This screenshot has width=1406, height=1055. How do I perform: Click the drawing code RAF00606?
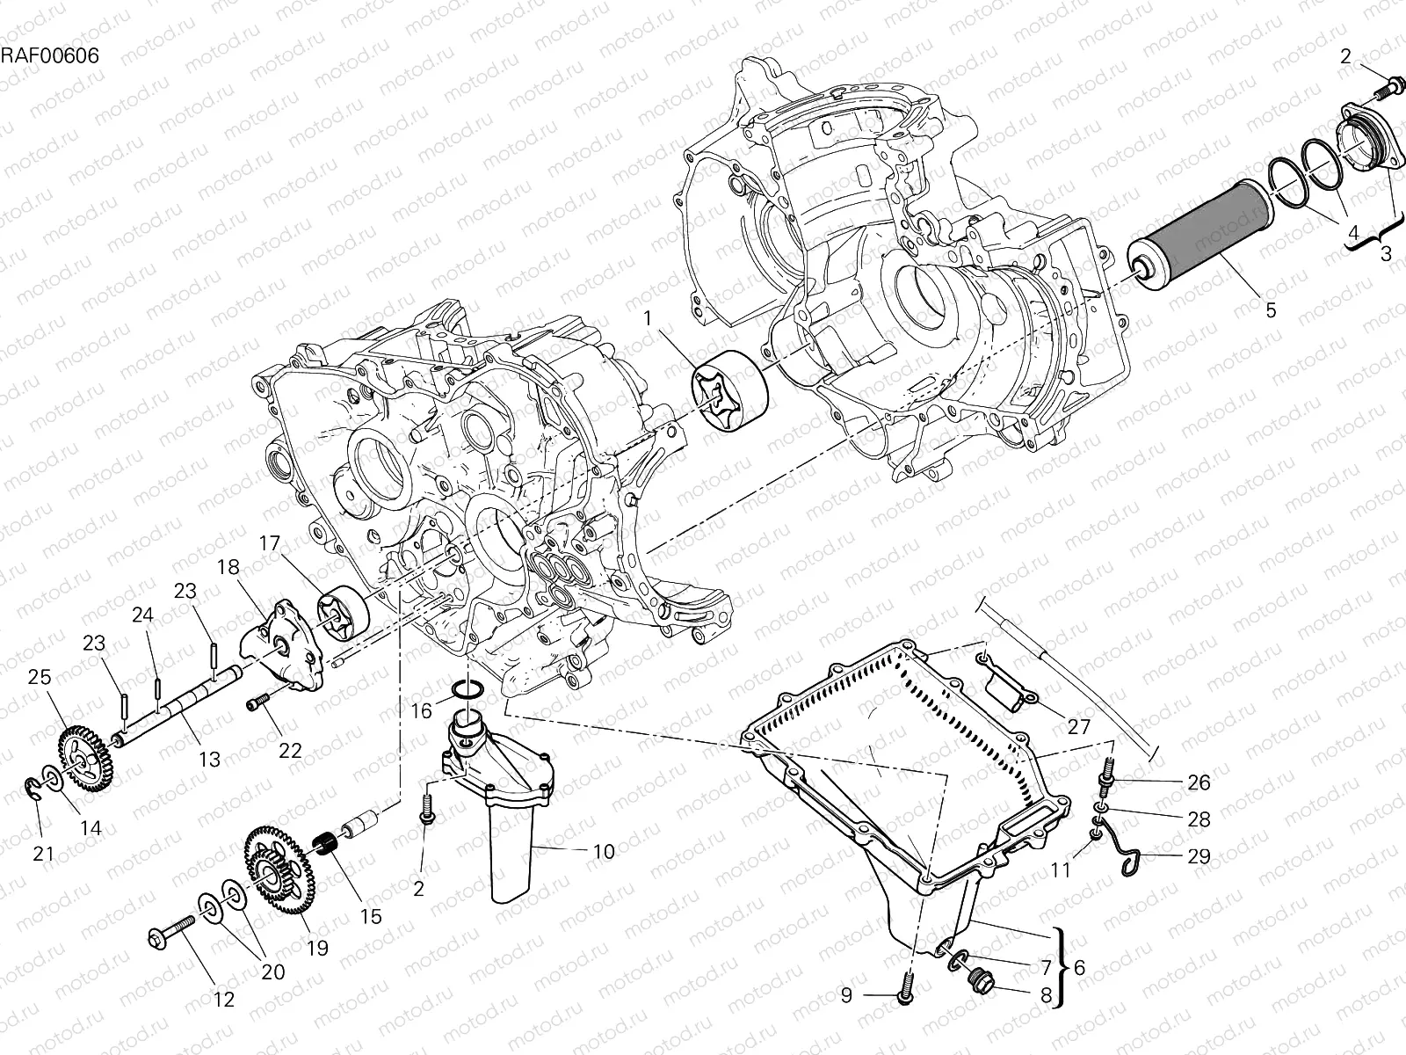(x=49, y=55)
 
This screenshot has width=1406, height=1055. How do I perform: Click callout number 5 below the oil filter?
(x=1271, y=310)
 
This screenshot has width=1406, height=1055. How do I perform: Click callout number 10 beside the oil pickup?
(x=604, y=851)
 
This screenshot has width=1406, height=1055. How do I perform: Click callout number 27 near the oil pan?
(x=1078, y=727)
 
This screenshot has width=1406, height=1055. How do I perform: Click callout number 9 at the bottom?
(x=846, y=995)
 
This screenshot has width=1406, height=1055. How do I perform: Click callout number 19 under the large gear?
(x=316, y=948)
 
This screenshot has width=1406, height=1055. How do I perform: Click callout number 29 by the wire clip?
(x=1199, y=855)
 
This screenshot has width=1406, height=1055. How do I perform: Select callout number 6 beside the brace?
(x=1079, y=967)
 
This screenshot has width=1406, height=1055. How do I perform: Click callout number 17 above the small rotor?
(x=268, y=544)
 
